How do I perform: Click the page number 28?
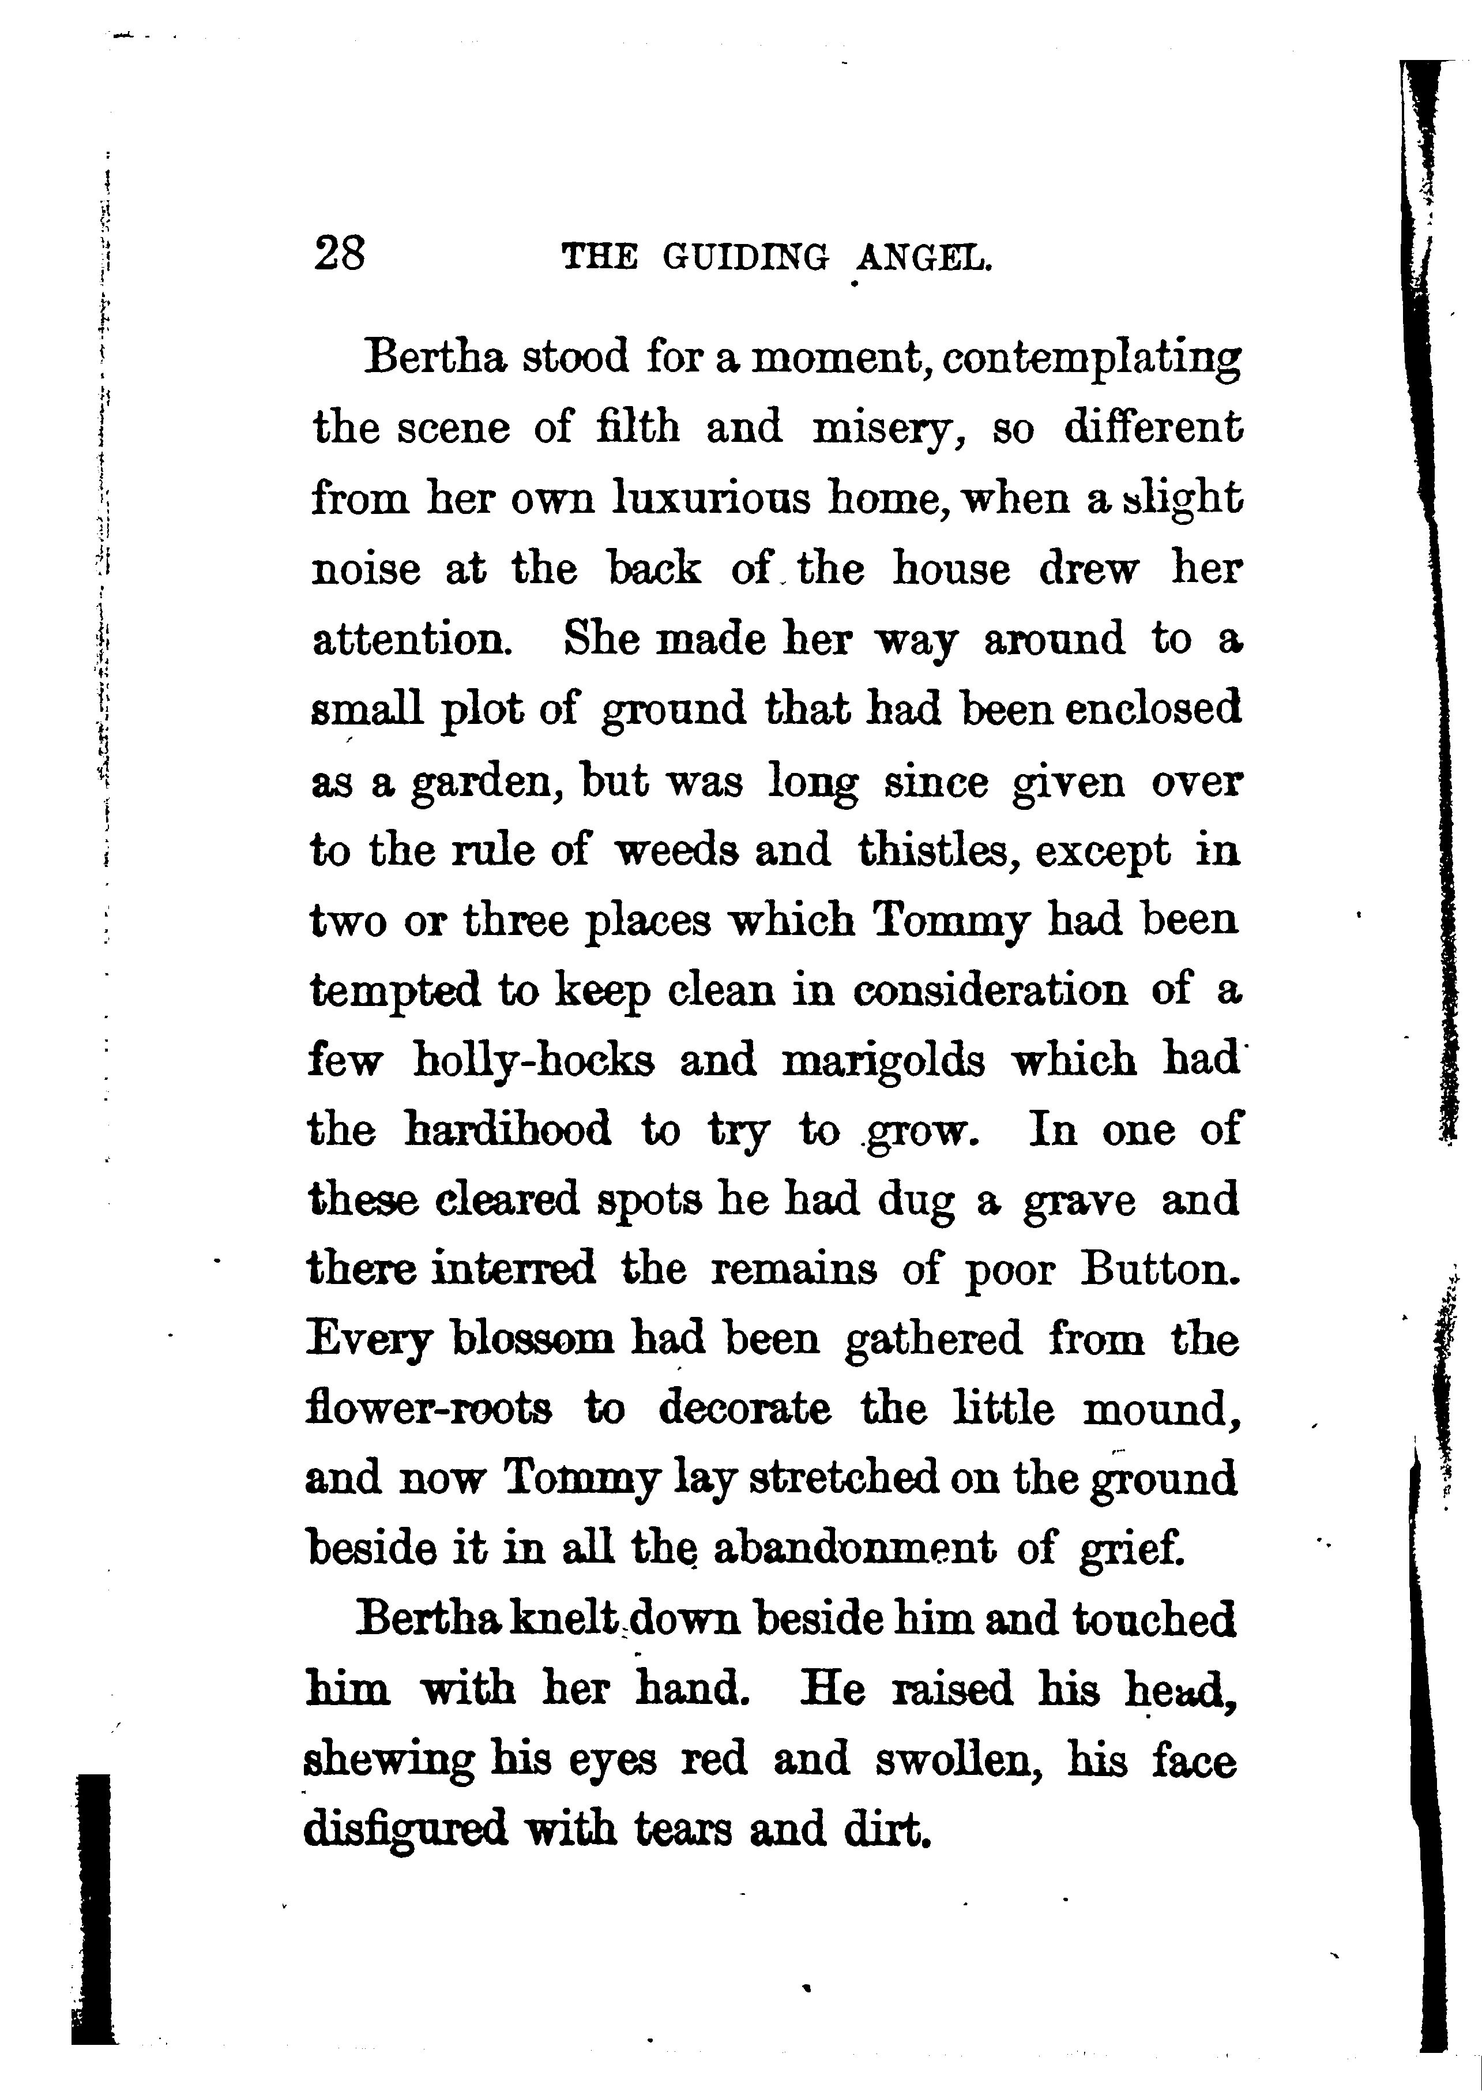338,254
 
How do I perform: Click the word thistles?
934,851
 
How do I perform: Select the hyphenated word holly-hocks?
533,1061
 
